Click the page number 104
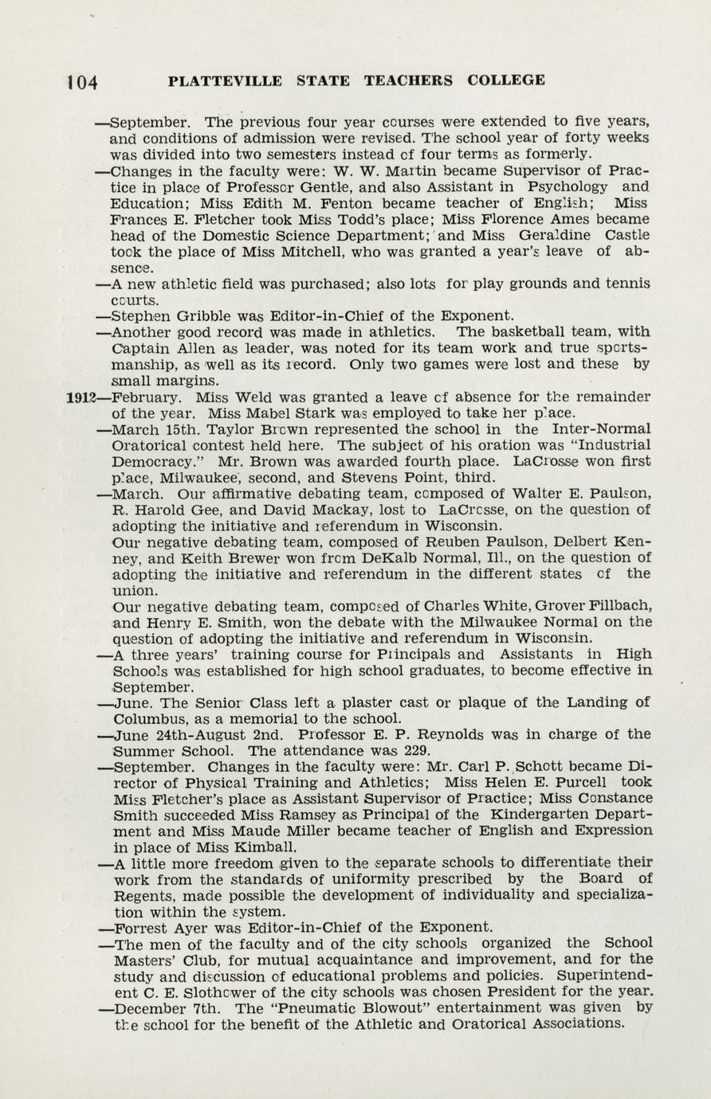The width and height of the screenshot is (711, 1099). coord(82,82)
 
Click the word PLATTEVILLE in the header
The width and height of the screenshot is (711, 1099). coord(225,80)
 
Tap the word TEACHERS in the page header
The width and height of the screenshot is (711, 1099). coord(408,80)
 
